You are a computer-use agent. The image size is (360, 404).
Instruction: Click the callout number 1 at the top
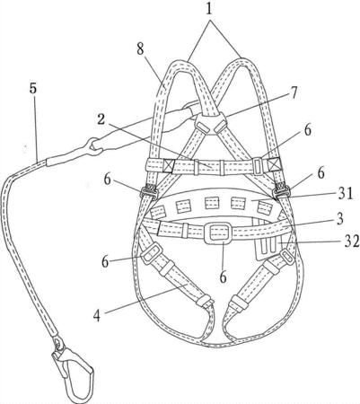209,9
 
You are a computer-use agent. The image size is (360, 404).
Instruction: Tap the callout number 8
141,48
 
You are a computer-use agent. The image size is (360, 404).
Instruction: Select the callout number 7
294,92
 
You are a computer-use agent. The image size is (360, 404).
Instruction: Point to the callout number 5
33,89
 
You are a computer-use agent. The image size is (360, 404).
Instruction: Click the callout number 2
101,120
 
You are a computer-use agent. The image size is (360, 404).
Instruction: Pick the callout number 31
347,193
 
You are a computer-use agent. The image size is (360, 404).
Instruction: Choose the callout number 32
352,242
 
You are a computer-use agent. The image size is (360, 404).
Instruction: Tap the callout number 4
96,315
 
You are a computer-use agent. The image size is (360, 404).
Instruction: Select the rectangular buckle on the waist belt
218,233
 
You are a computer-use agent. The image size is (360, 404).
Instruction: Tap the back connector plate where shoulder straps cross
211,123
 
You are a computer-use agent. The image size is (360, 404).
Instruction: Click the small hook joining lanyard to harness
95,146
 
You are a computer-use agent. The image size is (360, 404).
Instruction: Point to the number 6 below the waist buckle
224,277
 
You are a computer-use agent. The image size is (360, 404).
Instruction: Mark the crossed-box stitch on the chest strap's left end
168,166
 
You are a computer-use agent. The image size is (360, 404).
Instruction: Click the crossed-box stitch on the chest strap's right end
273,164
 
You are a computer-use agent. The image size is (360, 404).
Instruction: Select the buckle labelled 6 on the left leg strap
152,254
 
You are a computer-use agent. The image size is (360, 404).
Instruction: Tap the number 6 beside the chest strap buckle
307,130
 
